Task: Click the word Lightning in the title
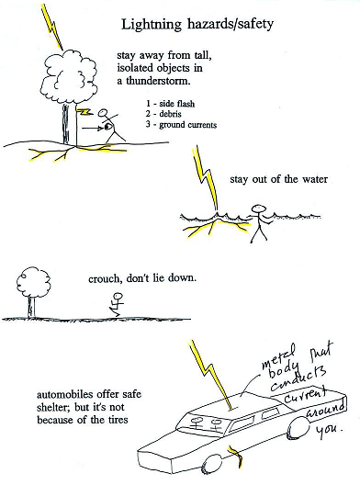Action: [152, 25]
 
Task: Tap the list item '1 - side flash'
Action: [171, 104]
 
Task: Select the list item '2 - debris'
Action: [163, 114]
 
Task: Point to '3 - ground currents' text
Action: [181, 125]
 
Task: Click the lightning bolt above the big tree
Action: [52, 28]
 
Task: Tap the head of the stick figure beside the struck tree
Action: [103, 113]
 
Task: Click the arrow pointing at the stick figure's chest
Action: [93, 127]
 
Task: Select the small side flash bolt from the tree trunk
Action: [84, 111]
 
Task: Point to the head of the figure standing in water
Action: [259, 209]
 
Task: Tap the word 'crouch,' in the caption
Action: [105, 279]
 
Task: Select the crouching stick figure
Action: [117, 304]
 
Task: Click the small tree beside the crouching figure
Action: [32, 292]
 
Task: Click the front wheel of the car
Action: [212, 465]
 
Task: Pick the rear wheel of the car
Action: [299, 427]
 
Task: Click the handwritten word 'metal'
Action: [278, 358]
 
